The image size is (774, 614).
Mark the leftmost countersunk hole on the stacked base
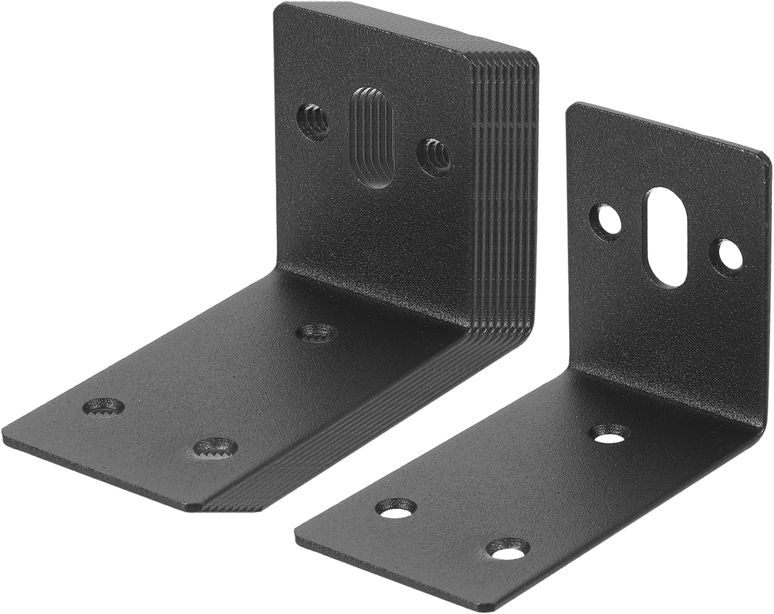pyautogui.click(x=104, y=406)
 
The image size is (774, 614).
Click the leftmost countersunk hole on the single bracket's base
pyautogui.click(x=396, y=508)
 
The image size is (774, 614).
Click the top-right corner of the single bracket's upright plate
pyautogui.click(x=765, y=153)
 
